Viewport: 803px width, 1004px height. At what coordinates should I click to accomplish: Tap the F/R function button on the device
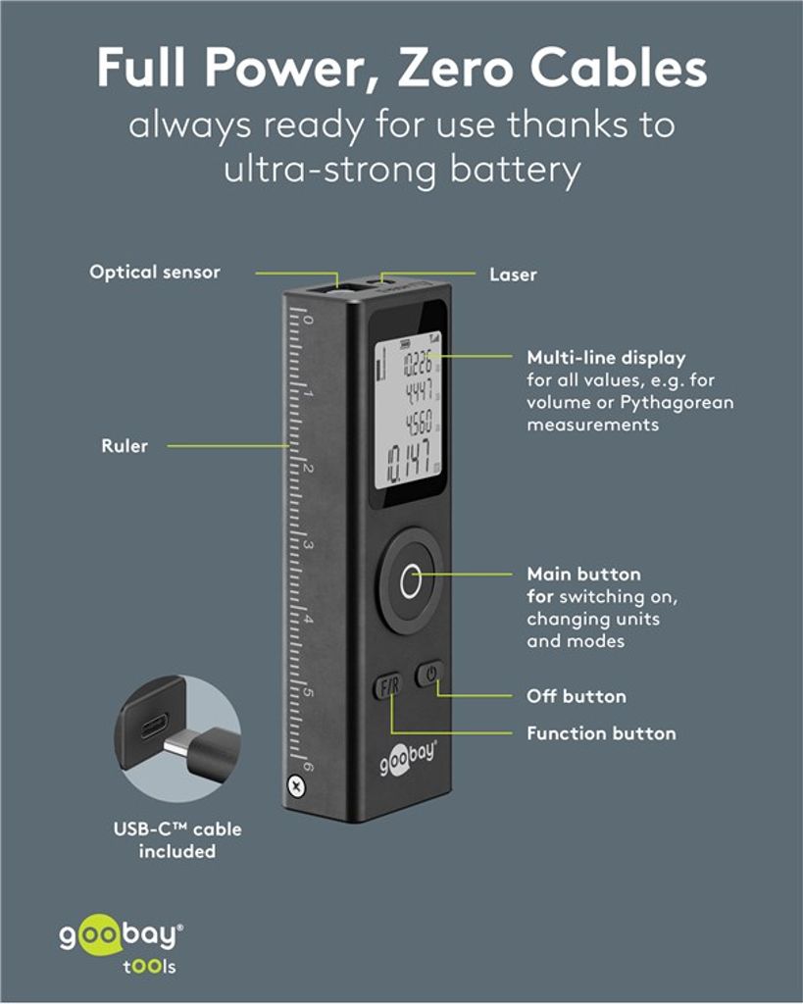(388, 686)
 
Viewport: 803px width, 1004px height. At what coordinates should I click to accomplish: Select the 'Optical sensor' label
(155, 273)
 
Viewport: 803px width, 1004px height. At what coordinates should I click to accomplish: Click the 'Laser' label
(513, 276)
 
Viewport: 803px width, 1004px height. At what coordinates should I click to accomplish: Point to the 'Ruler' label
(125, 446)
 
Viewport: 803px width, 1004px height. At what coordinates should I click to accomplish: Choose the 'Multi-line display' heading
(606, 358)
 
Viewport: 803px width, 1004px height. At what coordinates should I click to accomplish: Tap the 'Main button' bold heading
(583, 575)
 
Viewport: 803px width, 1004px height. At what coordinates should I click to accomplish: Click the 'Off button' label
(577, 696)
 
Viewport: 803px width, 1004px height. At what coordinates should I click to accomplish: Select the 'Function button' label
(601, 733)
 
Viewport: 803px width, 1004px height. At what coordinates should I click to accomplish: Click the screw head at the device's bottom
(294, 784)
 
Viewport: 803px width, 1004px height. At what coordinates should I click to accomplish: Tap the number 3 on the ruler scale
(307, 545)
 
